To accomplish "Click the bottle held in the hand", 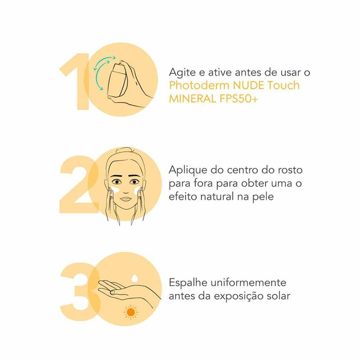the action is point(117,81).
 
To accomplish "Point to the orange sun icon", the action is point(130,312).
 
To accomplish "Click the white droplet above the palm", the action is point(134,278).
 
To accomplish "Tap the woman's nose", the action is point(125,188).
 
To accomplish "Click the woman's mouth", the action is point(126,199).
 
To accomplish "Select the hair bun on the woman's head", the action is point(125,151).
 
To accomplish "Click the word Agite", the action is point(183,73).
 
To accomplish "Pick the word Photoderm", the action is point(199,85).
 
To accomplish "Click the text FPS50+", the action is point(239,99).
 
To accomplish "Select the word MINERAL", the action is point(193,99).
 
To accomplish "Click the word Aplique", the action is point(188,171).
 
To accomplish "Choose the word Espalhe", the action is point(188,283).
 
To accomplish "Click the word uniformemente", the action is point(248,283).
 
